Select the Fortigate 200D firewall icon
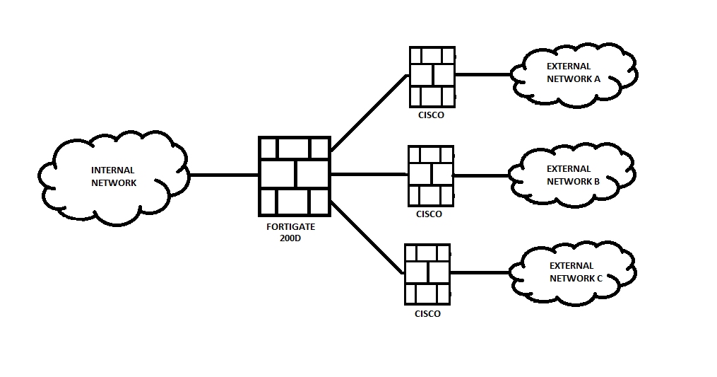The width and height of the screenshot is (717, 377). point(295,175)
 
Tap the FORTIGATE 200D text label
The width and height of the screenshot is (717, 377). point(290,232)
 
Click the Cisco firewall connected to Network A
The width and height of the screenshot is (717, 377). point(432,76)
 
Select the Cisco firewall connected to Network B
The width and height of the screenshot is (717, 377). point(430,175)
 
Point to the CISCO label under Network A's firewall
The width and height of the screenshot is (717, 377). point(431,115)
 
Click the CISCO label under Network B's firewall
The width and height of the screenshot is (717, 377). point(429,214)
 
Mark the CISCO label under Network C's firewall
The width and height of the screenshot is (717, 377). point(427,314)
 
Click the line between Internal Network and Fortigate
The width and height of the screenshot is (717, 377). point(223,175)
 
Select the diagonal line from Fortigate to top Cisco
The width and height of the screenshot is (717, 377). point(369,113)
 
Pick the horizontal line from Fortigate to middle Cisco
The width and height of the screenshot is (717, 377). point(369,175)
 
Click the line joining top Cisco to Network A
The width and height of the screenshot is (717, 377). point(483,74)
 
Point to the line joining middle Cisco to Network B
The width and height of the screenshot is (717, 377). point(481,175)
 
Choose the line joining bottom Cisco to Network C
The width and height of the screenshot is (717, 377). point(479,273)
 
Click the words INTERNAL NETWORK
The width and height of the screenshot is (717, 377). point(113,177)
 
